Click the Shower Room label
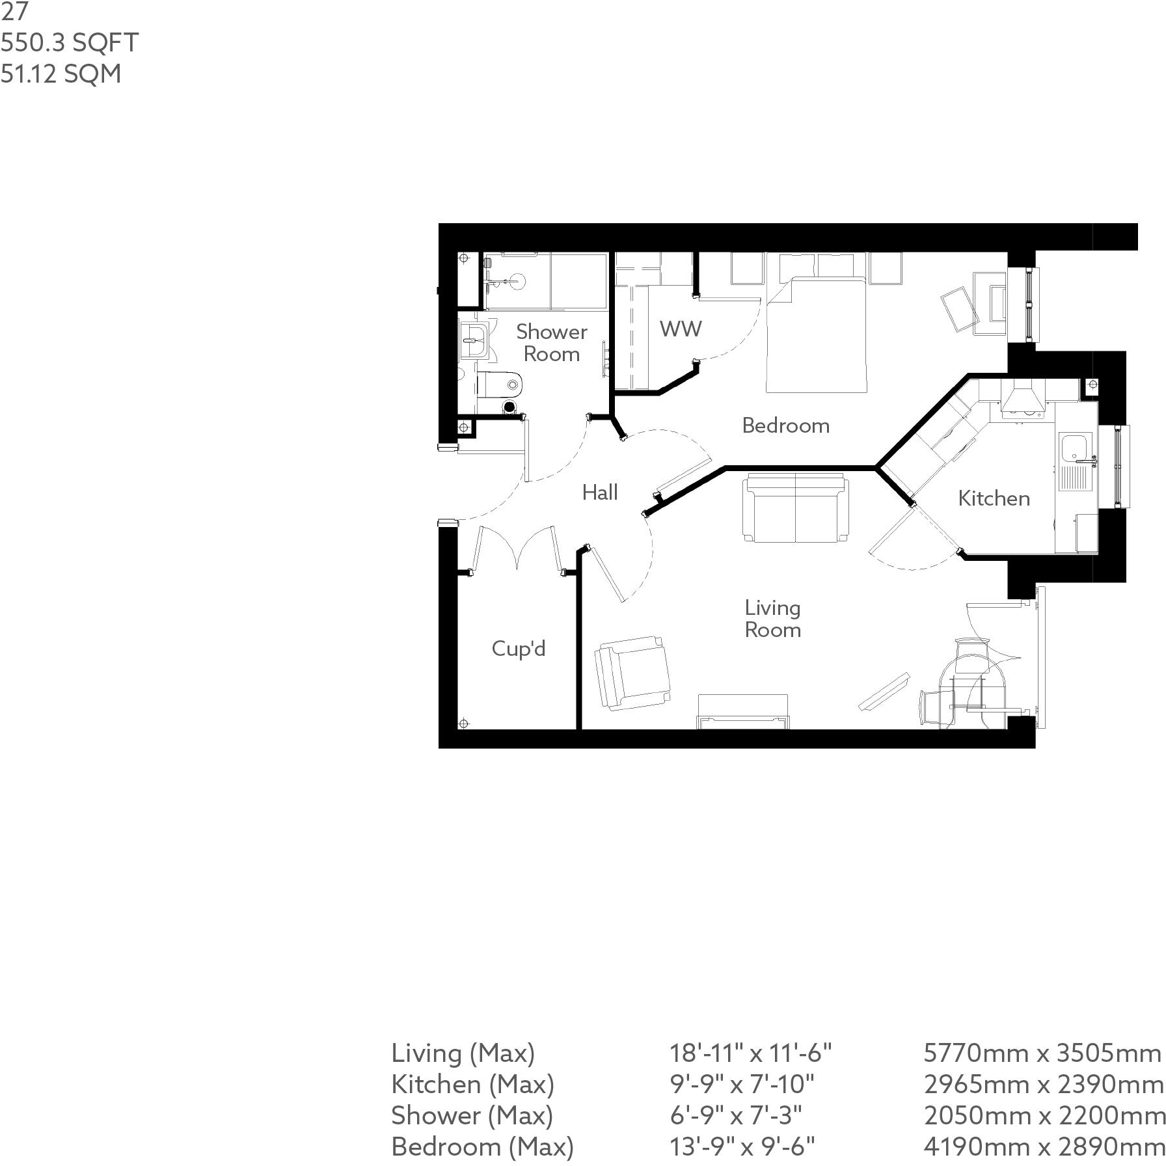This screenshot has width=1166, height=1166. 551,343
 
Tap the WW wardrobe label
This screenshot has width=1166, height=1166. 681,329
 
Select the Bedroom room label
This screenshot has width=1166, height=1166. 785,426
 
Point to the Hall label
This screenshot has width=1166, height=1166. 599,493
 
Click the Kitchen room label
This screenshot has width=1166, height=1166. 994,498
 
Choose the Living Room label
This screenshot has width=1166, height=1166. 772,619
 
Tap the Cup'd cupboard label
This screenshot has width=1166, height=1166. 518,649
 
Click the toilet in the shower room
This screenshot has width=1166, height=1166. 500,385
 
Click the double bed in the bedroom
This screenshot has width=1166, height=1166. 817,335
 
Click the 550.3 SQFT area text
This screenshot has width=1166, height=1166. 69,43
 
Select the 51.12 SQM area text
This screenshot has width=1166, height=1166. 61,74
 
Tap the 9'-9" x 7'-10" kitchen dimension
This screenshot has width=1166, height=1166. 742,1084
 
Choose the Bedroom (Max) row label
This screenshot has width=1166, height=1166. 482,1146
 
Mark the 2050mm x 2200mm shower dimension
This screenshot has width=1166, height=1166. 1044,1115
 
